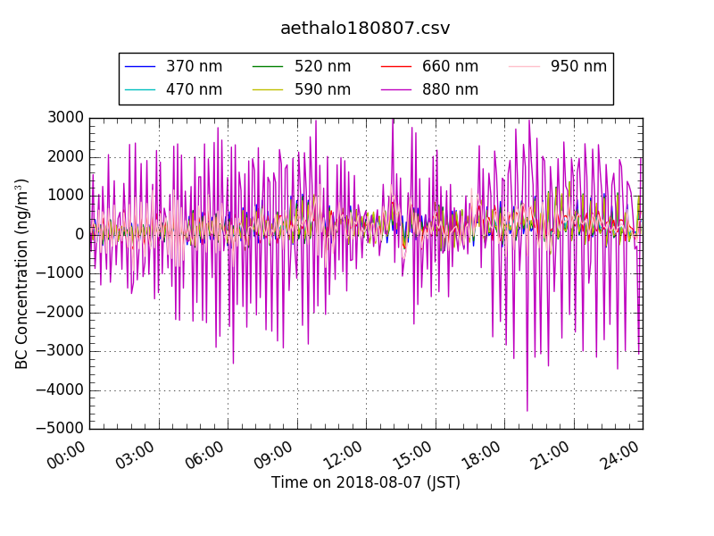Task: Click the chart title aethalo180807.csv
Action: (365, 29)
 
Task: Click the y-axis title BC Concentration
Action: (22, 273)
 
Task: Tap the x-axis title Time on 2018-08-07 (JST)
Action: (366, 482)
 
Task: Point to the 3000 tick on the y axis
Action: (67, 118)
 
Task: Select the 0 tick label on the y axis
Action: (79, 235)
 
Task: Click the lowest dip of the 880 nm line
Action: (527, 411)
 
